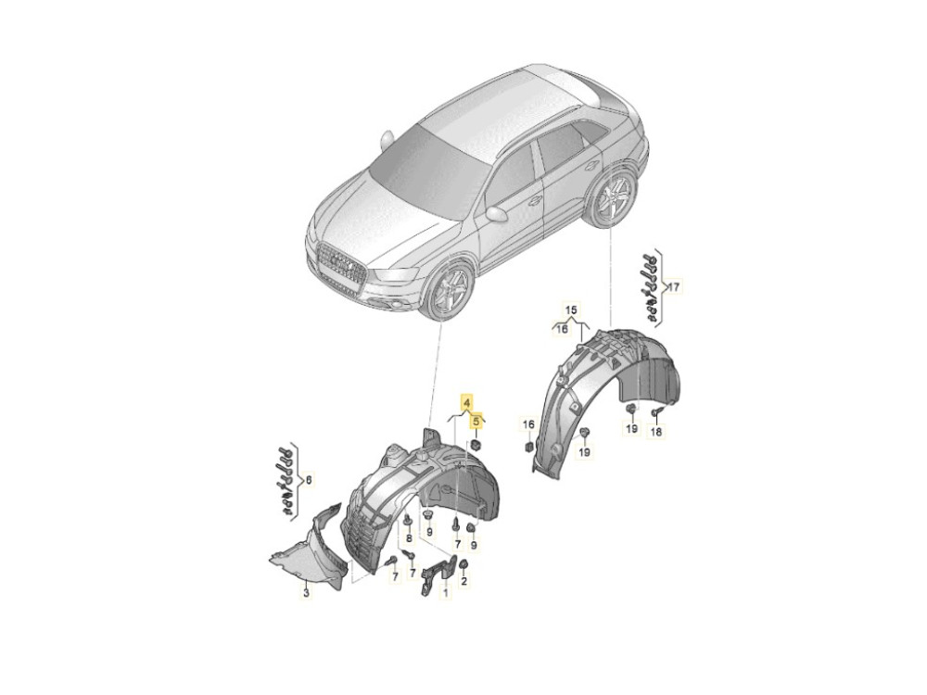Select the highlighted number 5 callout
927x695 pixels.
point(476,421)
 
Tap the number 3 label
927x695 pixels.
point(306,591)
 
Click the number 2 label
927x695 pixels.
point(464,582)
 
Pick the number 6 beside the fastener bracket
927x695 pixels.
point(308,480)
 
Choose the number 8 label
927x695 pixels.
point(408,538)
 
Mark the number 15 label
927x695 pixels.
point(571,310)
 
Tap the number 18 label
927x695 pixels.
point(655,432)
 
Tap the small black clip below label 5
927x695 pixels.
point(476,443)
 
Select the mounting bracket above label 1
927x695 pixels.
point(438,571)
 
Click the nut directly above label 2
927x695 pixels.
point(464,565)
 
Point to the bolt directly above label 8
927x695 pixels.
point(408,521)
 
